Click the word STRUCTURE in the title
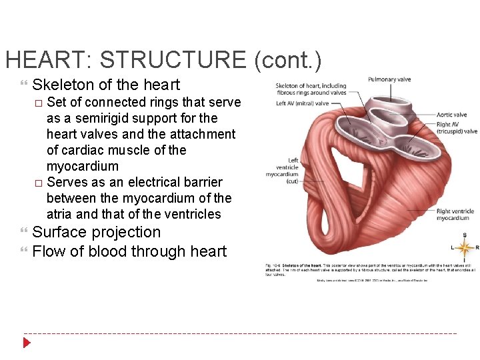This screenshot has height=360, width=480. point(173,60)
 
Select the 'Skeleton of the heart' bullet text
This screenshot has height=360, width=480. point(106,85)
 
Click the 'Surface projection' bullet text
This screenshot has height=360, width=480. point(97,233)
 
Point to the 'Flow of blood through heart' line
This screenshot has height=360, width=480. point(129,251)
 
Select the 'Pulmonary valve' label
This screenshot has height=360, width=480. point(389,79)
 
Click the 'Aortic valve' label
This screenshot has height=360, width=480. point(451,115)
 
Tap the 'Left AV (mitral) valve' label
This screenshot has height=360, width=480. point(302,103)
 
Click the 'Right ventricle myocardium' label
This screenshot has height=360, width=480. point(453,214)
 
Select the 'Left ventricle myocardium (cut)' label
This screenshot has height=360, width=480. point(283,170)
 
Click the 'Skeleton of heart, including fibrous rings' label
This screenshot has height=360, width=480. point(311,89)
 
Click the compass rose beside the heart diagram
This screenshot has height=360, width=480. point(464,248)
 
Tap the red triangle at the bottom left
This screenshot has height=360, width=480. point(27,343)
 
